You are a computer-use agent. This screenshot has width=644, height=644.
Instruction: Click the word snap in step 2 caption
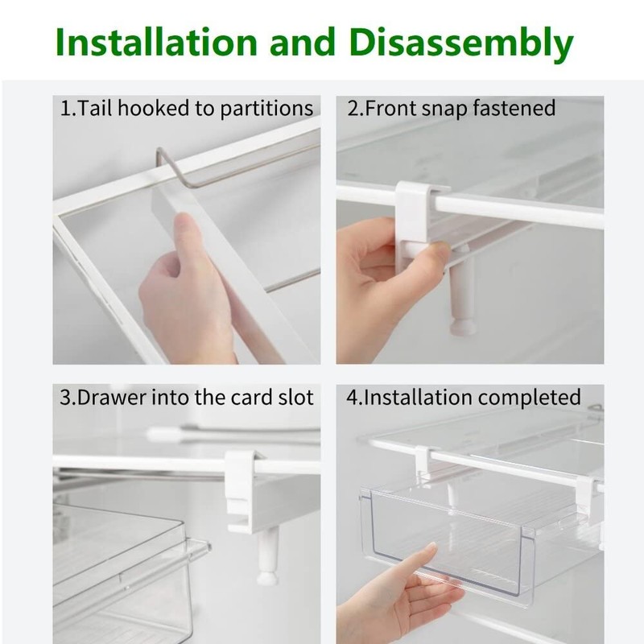(444, 108)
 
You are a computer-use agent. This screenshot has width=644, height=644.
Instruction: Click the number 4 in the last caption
(352, 398)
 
